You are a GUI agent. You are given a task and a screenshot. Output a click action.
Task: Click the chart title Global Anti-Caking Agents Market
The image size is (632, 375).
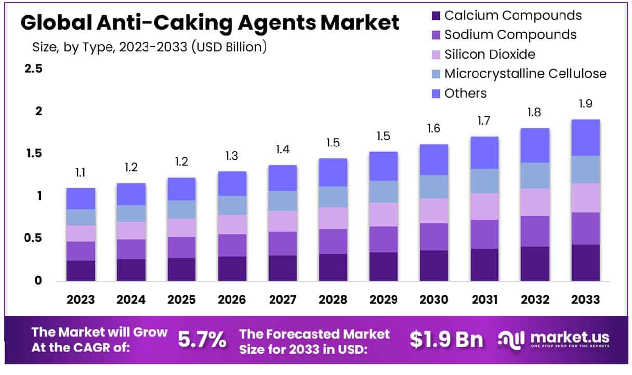tap(210, 23)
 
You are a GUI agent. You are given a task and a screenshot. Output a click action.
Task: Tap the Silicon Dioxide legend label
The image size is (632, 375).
tap(490, 54)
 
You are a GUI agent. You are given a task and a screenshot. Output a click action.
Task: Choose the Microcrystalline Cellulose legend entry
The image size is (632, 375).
tap(525, 74)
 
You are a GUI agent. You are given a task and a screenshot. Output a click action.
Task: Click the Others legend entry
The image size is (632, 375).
tap(465, 93)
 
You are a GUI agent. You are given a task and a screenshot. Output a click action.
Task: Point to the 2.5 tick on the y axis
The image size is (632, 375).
tap(33, 69)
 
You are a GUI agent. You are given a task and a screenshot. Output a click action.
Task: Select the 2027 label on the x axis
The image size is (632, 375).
tap(283, 300)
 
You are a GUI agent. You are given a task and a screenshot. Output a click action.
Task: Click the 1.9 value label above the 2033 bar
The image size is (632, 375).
tap(585, 104)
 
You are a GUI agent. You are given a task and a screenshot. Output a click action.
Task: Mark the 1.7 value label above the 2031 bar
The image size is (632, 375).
tap(484, 122)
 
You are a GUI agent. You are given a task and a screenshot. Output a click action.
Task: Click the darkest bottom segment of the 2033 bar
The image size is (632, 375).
tap(585, 262)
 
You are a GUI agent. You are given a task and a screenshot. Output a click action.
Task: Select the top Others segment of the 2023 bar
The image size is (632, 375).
tap(81, 198)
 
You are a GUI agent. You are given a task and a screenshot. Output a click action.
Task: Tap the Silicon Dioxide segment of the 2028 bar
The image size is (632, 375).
tap(333, 218)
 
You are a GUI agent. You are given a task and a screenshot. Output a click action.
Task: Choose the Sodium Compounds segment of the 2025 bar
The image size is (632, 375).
tap(181, 247)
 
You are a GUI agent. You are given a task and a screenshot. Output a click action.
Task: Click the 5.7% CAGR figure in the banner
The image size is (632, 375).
tap(202, 340)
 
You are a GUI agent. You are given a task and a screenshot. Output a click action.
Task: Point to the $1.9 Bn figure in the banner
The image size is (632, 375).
tap(446, 340)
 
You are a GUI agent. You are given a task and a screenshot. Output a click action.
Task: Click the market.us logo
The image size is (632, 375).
tap(554, 340)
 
